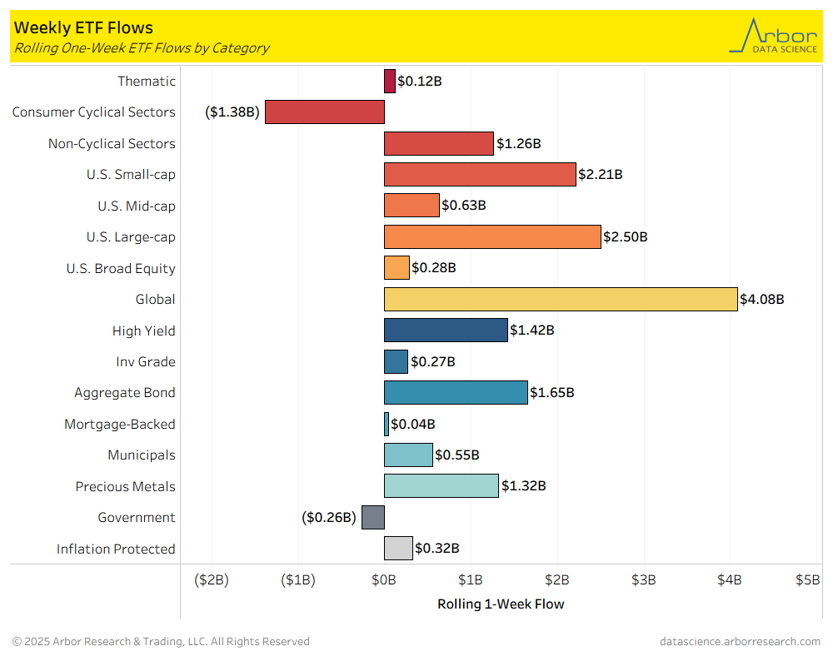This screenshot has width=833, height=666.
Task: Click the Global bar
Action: [x=561, y=299]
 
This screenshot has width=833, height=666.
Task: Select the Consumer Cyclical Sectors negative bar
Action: [x=324, y=112]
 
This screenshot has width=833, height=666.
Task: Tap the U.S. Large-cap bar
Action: [x=492, y=236]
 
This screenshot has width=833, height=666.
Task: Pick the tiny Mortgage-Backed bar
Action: [x=387, y=424]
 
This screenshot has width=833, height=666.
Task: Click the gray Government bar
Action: [x=373, y=517]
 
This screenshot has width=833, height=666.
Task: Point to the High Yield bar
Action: [x=446, y=331]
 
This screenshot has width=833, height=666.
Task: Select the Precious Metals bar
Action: [x=441, y=486]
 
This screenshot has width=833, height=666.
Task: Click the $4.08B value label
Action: [x=762, y=299]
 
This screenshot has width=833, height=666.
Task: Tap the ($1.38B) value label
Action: [x=232, y=112]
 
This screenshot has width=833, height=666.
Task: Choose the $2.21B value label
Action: [x=601, y=175]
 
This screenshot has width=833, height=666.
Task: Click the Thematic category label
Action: [x=147, y=81]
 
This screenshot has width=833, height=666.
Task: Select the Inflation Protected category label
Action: [x=116, y=549]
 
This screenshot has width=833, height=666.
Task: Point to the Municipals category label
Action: [x=142, y=455]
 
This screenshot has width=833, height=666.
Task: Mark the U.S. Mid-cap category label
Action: [x=137, y=206]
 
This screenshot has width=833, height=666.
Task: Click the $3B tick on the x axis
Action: [x=644, y=579]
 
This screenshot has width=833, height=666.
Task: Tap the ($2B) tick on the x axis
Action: [x=212, y=579]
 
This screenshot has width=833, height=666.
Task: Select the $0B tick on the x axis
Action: [x=384, y=579]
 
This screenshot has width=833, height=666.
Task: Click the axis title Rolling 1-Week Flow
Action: [x=501, y=604]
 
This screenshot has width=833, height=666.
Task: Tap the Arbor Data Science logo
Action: [x=773, y=36]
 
